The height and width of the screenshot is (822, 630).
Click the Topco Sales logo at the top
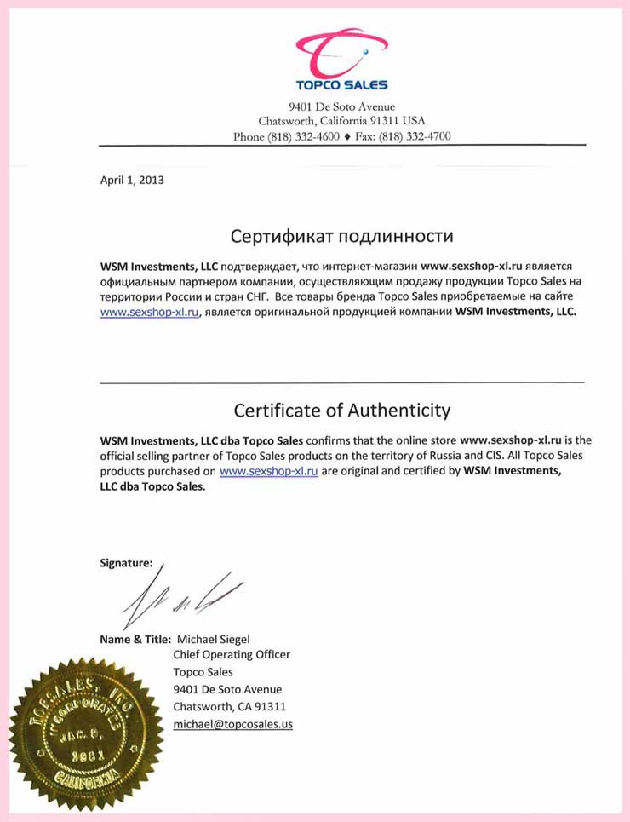341,60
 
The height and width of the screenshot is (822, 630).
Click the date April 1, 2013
132,180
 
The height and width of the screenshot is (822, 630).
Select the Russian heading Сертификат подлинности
342,235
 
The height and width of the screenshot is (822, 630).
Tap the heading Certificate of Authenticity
342,410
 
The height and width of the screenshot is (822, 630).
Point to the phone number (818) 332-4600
304,136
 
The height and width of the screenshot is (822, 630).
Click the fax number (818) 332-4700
415,136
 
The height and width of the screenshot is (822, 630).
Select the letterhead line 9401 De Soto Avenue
341,106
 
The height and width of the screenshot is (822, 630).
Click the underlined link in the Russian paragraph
150,312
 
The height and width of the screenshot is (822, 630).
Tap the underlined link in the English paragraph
269,471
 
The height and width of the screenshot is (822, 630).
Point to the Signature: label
126,562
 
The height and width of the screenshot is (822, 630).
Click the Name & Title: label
135,639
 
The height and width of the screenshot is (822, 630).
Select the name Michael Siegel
211,639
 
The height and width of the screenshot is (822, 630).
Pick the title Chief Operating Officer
232,655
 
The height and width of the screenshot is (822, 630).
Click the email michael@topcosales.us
232,723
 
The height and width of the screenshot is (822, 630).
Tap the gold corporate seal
86,733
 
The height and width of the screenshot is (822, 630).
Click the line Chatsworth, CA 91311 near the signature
229,706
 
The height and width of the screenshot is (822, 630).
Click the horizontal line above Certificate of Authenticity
342,382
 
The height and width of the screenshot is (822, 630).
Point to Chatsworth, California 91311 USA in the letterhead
341,121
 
